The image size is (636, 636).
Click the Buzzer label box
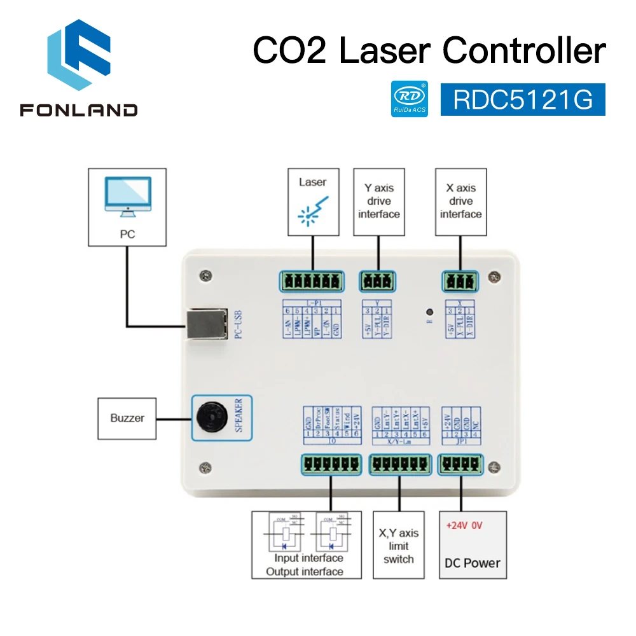[x=127, y=418]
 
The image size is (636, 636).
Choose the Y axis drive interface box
[x=378, y=201]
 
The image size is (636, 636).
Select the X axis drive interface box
[x=460, y=201]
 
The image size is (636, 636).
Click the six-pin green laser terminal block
[x=311, y=280]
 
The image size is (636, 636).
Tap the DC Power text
[x=473, y=563]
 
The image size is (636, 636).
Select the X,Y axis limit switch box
[x=399, y=545]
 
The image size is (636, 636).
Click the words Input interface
[x=308, y=558]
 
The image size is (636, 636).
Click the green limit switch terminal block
[x=399, y=465]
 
